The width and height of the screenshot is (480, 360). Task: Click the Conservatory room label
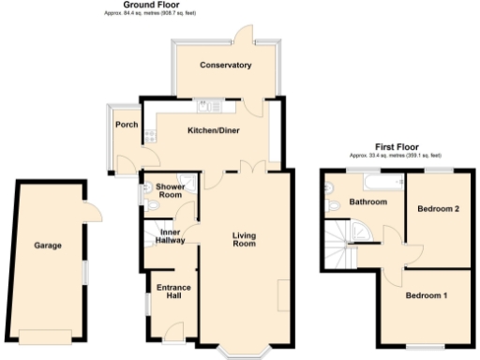(x=226, y=66)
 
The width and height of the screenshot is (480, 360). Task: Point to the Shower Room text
(x=170, y=190)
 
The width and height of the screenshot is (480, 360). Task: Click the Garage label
(x=48, y=246)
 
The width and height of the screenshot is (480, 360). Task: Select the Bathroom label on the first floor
(x=368, y=202)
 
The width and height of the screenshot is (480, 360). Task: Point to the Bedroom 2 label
(x=438, y=208)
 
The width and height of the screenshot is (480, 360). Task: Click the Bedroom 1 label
(x=426, y=296)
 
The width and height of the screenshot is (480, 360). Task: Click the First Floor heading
(x=395, y=147)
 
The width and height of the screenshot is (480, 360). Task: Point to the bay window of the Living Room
(x=247, y=351)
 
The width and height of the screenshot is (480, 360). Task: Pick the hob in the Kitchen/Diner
(x=150, y=137)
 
